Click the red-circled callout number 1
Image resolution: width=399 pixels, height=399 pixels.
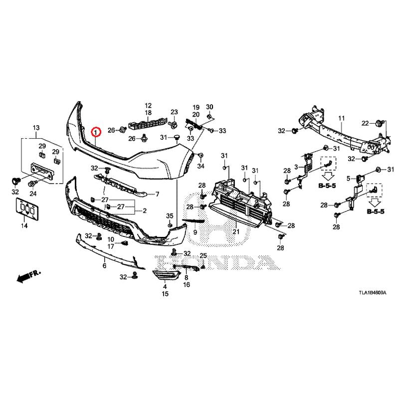tap(96, 132)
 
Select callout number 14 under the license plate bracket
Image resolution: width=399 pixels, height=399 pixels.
tap(24, 226)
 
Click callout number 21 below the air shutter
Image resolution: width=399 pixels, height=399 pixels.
tap(235, 231)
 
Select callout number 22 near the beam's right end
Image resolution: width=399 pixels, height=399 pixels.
tap(365, 123)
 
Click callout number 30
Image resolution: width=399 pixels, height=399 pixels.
tap(209, 107)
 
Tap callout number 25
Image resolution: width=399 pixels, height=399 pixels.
tap(203, 256)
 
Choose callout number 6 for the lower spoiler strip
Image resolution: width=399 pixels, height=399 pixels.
tap(105, 266)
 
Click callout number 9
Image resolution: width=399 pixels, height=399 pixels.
tap(196, 232)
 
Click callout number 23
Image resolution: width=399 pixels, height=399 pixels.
tap(174, 112)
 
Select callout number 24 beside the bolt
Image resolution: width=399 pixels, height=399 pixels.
tap(34, 193)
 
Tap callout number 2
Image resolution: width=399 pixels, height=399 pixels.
tap(144, 210)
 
